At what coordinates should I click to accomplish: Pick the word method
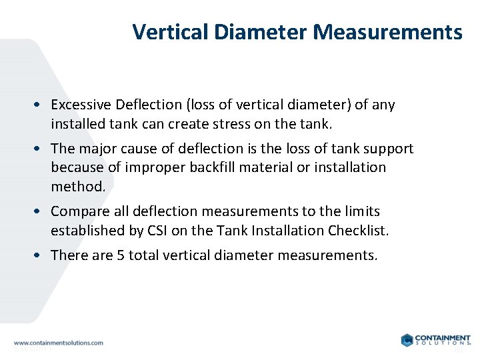pos(77,187)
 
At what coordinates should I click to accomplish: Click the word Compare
pos(79,211)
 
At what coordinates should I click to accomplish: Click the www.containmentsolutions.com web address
pos(58,342)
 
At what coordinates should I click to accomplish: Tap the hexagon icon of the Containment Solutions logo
pos(407,340)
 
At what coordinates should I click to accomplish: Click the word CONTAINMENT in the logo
pos(442,337)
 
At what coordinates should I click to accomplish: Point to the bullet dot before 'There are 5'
pos(41,255)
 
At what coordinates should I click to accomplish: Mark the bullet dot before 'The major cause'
pos(41,149)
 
